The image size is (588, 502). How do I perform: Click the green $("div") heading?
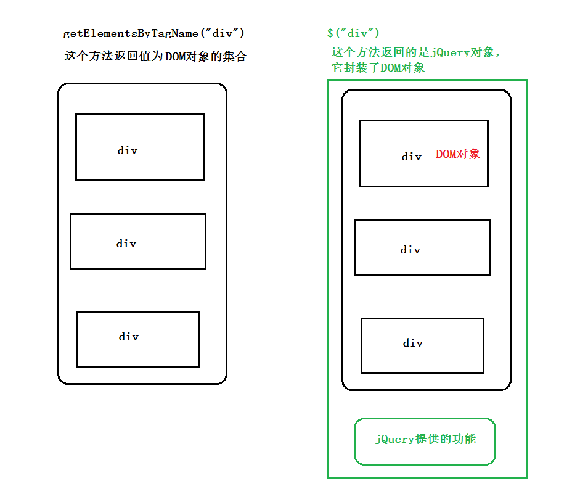[353, 33]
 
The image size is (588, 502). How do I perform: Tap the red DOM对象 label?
[457, 154]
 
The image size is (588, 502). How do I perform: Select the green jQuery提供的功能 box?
[425, 442]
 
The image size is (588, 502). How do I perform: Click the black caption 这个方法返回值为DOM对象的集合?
[155, 56]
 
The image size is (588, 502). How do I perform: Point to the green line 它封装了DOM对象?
[378, 68]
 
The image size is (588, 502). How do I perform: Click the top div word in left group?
[128, 150]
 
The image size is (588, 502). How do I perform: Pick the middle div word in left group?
[126, 244]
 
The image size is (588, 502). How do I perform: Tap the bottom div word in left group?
[129, 337]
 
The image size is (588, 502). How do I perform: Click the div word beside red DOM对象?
[412, 157]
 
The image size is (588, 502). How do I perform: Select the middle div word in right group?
[410, 250]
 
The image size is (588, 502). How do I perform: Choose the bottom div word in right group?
[413, 343]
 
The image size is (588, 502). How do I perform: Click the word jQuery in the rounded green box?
[394, 440]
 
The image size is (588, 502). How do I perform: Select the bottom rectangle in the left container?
[138, 354]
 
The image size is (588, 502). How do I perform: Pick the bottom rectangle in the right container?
[422, 360]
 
